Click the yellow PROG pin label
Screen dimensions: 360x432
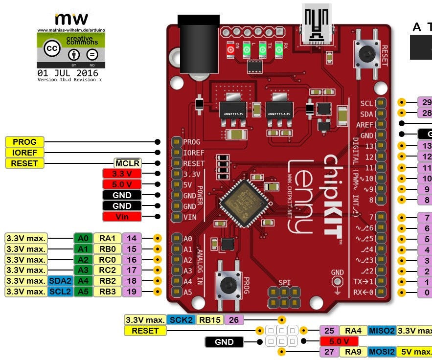click(24, 142)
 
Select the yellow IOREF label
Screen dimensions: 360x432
click(24, 153)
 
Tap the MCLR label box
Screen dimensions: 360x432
click(127, 163)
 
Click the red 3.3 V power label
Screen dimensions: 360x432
click(122, 174)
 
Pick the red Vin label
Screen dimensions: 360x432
click(122, 216)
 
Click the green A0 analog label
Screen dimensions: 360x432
click(83, 238)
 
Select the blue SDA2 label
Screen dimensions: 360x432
click(60, 281)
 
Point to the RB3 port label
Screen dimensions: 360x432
click(107, 292)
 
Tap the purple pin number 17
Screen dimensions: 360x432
click(132, 270)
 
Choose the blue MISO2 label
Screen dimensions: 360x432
click(382, 331)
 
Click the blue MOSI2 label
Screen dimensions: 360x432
click(382, 351)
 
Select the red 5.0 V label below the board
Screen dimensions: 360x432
click(339, 341)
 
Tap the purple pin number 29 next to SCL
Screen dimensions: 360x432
click(425, 103)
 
